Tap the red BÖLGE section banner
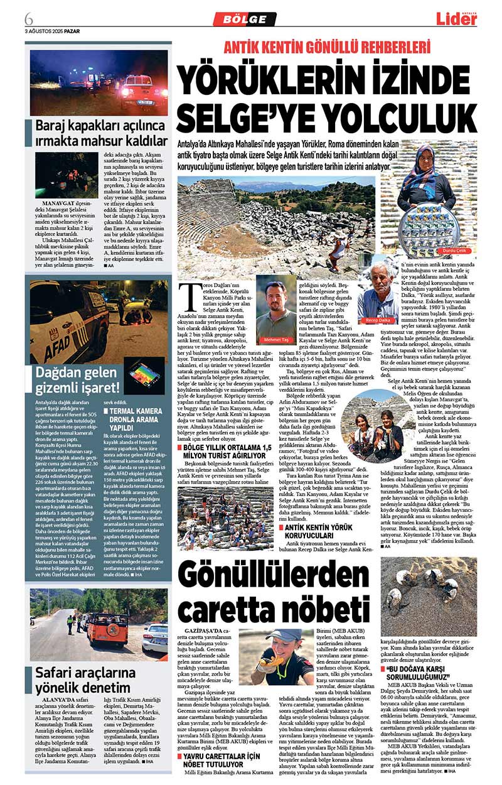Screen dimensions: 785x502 pos(244,19)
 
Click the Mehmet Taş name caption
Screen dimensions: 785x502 pos(276,339)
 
